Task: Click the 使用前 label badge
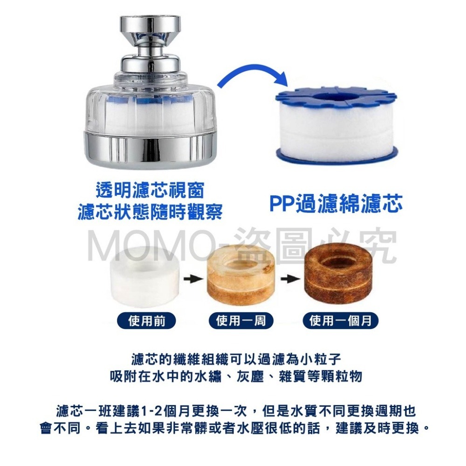[x=147, y=321]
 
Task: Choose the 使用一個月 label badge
[x=341, y=321]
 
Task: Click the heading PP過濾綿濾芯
[x=336, y=205]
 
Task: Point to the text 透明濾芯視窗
[x=150, y=190]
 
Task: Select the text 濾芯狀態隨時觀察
[x=150, y=211]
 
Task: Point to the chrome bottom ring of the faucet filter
[x=150, y=147]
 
